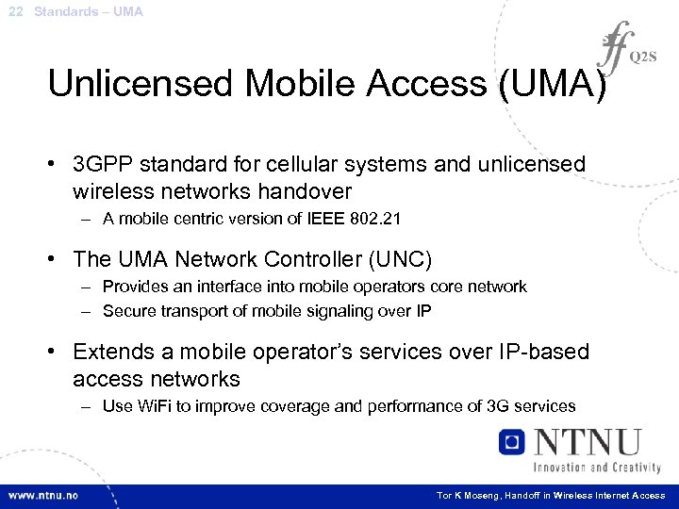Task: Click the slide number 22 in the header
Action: pos(14,11)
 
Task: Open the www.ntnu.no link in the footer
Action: pos(43,495)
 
